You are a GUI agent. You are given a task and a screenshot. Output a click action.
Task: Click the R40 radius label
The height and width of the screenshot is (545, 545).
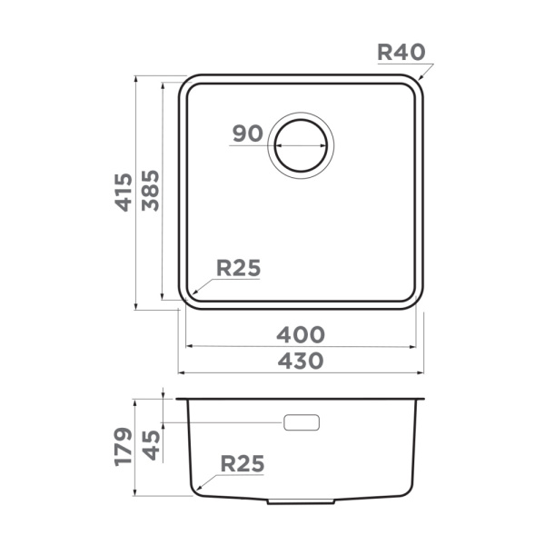tap(401, 52)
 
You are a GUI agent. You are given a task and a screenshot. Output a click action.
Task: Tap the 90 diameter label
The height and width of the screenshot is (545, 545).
tap(247, 134)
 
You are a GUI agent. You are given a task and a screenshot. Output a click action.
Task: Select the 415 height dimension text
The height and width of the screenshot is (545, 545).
tap(124, 193)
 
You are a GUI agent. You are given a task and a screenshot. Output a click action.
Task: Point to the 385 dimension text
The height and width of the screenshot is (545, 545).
tap(151, 191)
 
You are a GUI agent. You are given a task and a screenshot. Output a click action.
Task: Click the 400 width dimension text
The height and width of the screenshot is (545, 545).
tap(301, 334)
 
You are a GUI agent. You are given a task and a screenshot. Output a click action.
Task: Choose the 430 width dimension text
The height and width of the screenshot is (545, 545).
tap(301, 361)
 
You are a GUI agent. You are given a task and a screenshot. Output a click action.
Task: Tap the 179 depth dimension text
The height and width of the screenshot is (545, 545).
tap(124, 447)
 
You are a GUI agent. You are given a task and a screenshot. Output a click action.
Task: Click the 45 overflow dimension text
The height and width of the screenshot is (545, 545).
tap(151, 445)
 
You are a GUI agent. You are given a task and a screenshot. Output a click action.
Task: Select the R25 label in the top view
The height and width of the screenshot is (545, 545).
tap(238, 268)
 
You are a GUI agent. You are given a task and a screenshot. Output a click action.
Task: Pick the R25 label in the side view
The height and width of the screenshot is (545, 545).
tap(243, 463)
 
